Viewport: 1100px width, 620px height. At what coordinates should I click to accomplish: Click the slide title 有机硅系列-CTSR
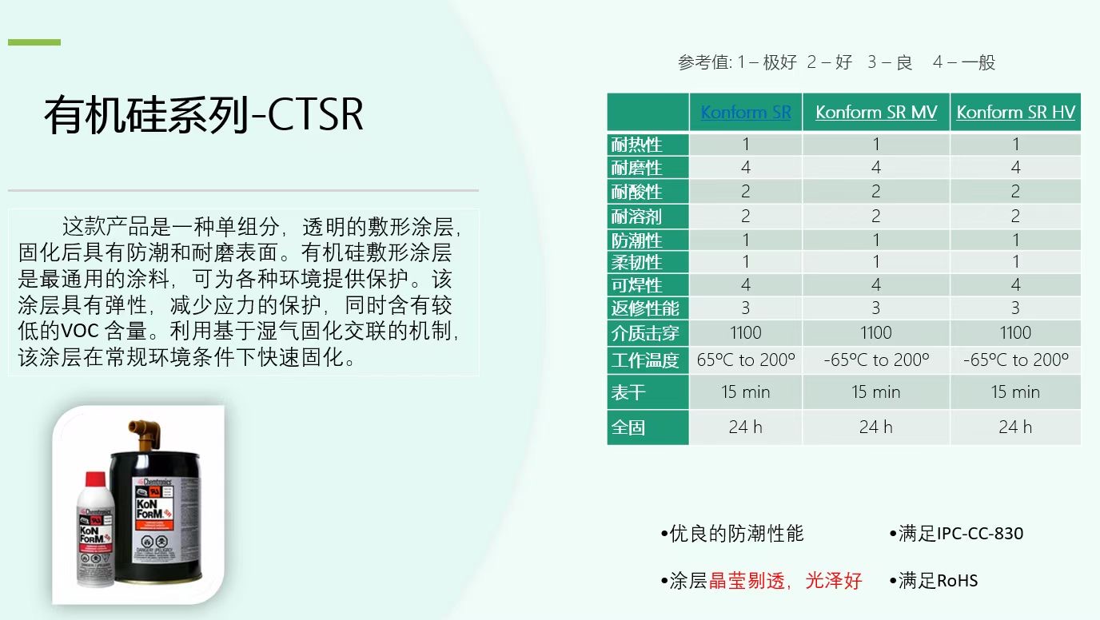pos(204,116)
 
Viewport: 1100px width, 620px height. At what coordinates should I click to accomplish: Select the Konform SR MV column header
pos(875,112)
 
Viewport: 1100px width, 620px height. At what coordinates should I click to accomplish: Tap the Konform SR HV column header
pos(1015,112)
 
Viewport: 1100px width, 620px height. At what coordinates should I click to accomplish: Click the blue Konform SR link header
pos(745,112)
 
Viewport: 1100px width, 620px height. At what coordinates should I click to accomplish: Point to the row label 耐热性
pos(637,145)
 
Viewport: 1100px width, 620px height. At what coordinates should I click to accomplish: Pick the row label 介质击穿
pos(645,332)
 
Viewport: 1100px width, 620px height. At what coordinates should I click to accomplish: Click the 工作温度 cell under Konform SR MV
pos(875,360)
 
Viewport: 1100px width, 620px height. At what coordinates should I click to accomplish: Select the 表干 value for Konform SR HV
pos(1015,392)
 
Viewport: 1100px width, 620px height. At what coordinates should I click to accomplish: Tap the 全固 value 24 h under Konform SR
pos(745,427)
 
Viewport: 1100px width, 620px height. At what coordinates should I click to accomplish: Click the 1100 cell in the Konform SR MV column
pos(875,332)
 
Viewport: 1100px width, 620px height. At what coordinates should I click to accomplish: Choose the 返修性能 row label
pos(645,308)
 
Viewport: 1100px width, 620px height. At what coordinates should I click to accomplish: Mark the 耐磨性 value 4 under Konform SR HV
pos(1015,168)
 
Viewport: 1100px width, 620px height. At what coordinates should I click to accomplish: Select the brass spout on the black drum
pos(146,432)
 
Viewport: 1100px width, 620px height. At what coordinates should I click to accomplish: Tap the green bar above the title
pos(34,42)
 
